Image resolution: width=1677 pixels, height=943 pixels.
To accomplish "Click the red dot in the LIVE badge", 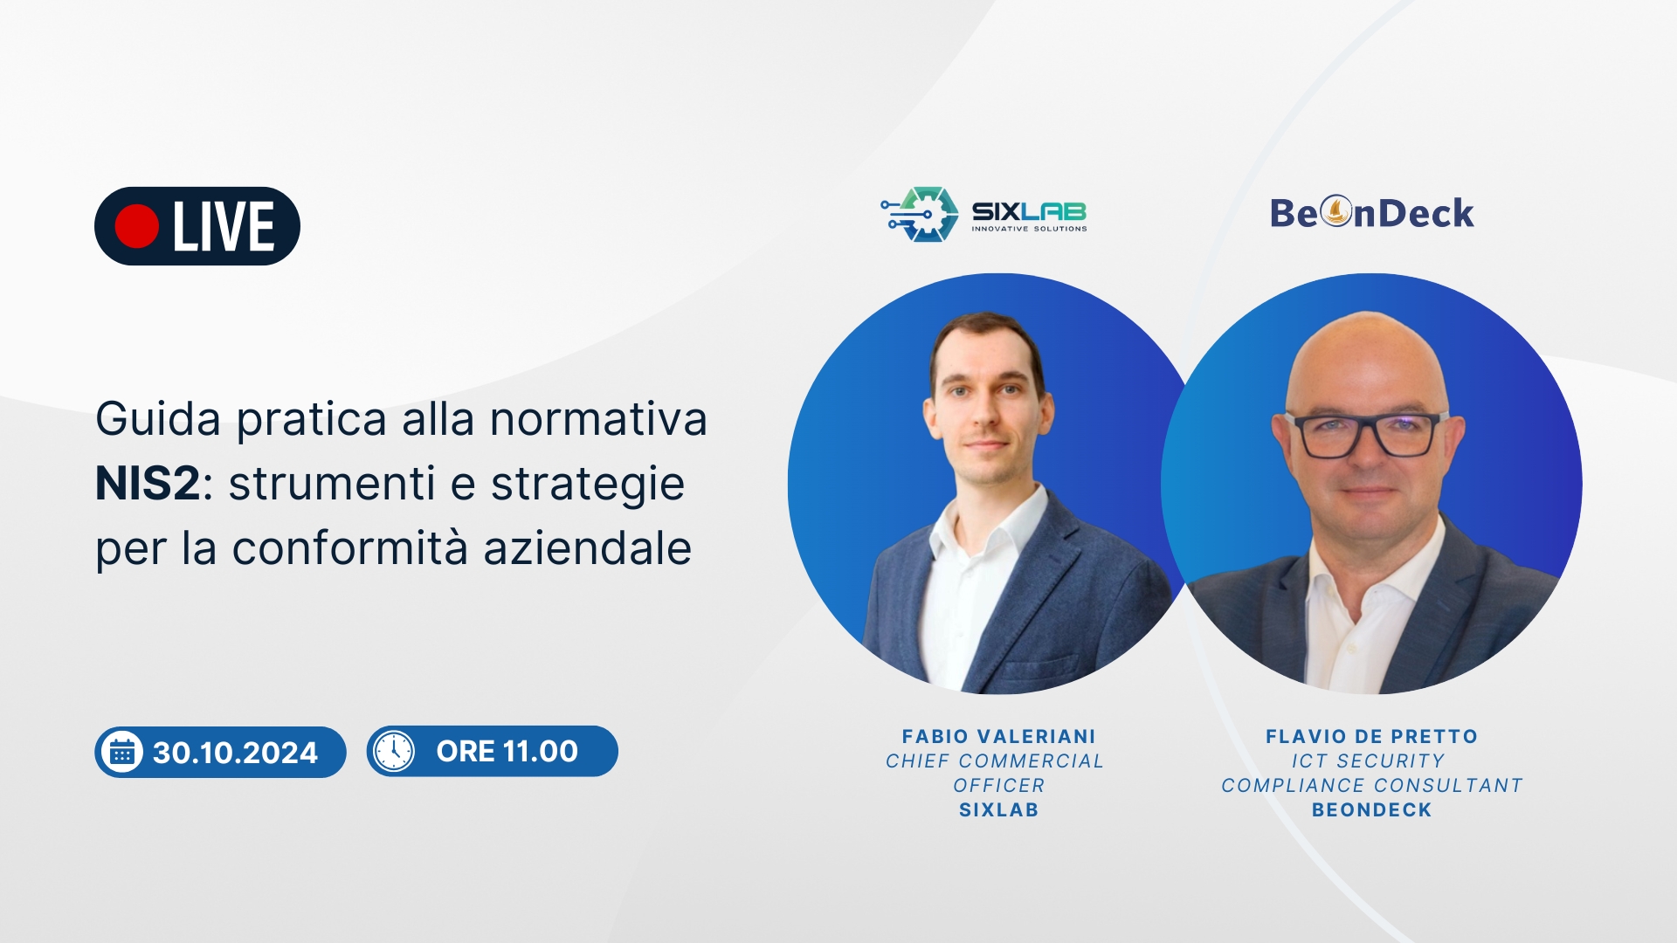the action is pos(136,226).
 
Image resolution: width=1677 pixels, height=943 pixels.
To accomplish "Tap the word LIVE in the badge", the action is pos(224,227).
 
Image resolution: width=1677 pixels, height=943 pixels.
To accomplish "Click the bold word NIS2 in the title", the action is pos(148,483).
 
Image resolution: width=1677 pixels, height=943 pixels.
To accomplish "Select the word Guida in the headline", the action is pos(158,418).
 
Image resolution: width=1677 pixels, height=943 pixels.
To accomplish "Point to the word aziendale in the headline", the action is pos(587,548).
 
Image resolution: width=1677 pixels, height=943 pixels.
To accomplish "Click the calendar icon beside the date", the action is pos(122,752).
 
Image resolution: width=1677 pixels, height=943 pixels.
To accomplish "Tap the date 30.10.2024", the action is pos(235,753).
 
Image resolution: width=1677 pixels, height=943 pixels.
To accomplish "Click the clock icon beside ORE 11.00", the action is pos(394,751).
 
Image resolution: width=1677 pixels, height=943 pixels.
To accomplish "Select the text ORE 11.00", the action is pos(507,751).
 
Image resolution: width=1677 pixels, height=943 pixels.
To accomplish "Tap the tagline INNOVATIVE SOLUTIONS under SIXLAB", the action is pos(1030,229).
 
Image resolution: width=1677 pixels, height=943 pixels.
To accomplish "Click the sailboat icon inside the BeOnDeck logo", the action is pos(1335,211).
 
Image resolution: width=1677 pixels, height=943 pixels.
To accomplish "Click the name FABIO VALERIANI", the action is pos(998,737).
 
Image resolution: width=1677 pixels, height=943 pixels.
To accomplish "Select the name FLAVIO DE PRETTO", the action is pos(1371,737).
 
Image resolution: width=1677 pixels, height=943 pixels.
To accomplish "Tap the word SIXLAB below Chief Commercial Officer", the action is pos(998,810).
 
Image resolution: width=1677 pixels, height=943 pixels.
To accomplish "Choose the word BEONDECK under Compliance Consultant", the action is pos(1371,810).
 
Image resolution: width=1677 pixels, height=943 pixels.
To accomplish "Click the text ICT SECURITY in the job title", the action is pos(1368,761).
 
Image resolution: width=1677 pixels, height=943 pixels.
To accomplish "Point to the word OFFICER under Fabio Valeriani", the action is pos(998,786).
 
